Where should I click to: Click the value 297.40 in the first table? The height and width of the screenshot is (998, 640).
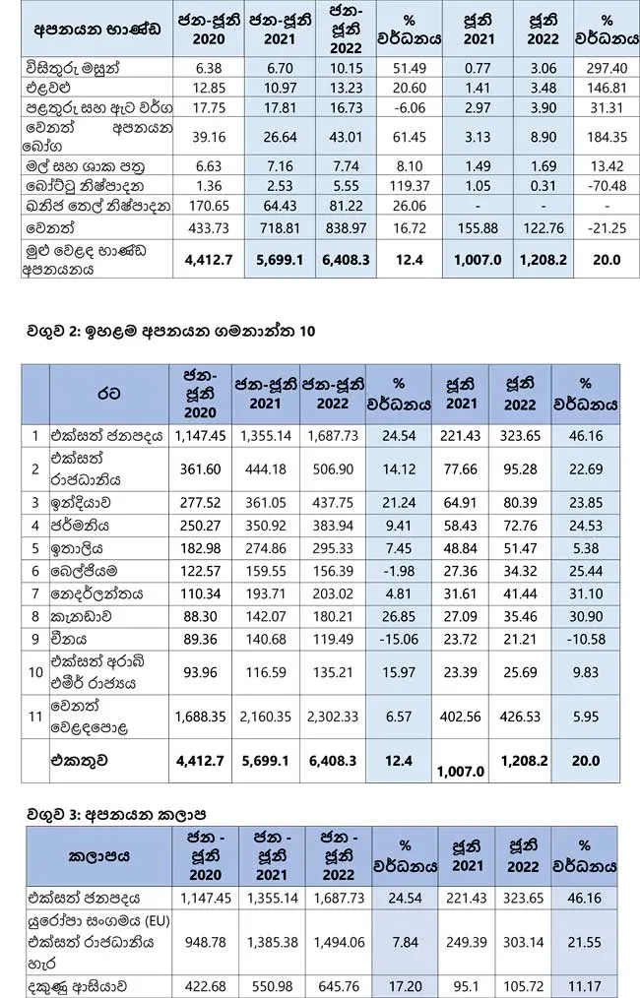click(x=607, y=68)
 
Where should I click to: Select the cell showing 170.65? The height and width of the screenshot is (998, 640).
click(x=209, y=206)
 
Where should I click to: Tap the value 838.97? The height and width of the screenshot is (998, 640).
click(x=346, y=228)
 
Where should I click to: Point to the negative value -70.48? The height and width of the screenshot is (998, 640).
click(x=607, y=186)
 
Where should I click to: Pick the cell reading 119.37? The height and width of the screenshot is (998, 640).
click(x=410, y=186)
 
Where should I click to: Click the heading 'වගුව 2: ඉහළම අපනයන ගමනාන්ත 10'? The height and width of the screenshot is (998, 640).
click(x=170, y=332)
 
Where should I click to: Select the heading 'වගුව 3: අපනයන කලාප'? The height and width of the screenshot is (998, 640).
click(x=116, y=814)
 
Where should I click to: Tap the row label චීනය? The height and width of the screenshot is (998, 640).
click(x=68, y=639)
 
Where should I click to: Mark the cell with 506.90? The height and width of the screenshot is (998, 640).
click(x=333, y=469)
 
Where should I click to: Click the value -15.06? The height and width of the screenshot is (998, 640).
click(x=399, y=639)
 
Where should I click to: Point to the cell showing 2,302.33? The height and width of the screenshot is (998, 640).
click(x=333, y=717)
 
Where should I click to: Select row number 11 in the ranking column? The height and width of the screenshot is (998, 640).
click(x=35, y=717)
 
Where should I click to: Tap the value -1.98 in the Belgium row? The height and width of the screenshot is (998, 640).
click(x=399, y=571)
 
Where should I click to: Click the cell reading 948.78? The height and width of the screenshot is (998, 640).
click(x=205, y=942)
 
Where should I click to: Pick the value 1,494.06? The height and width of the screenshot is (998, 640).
click(x=338, y=942)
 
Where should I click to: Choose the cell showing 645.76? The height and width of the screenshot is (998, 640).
click(x=338, y=987)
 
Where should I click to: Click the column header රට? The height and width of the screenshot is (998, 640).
click(x=109, y=394)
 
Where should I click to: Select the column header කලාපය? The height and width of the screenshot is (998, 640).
click(x=98, y=856)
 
